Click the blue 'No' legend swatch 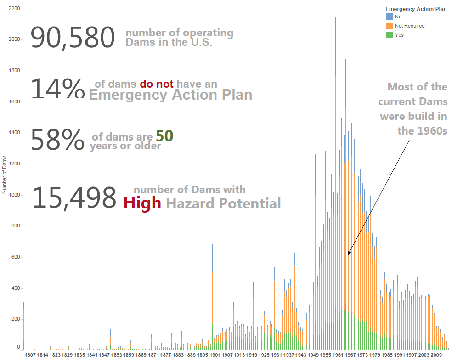coord(390,17)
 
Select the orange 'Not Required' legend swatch coord(390,26)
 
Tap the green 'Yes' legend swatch coord(390,35)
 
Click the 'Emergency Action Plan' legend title coord(416,9)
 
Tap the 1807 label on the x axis coord(30,354)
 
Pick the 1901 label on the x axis coord(215,354)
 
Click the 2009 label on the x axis coord(436,354)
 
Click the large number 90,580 coord(73,38)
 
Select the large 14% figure coord(57,88)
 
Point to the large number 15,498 coord(74,198)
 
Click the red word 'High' coord(142,202)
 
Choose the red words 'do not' coord(157,84)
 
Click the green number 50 coord(164,136)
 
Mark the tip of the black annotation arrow coord(348,255)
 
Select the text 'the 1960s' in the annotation coord(422,130)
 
